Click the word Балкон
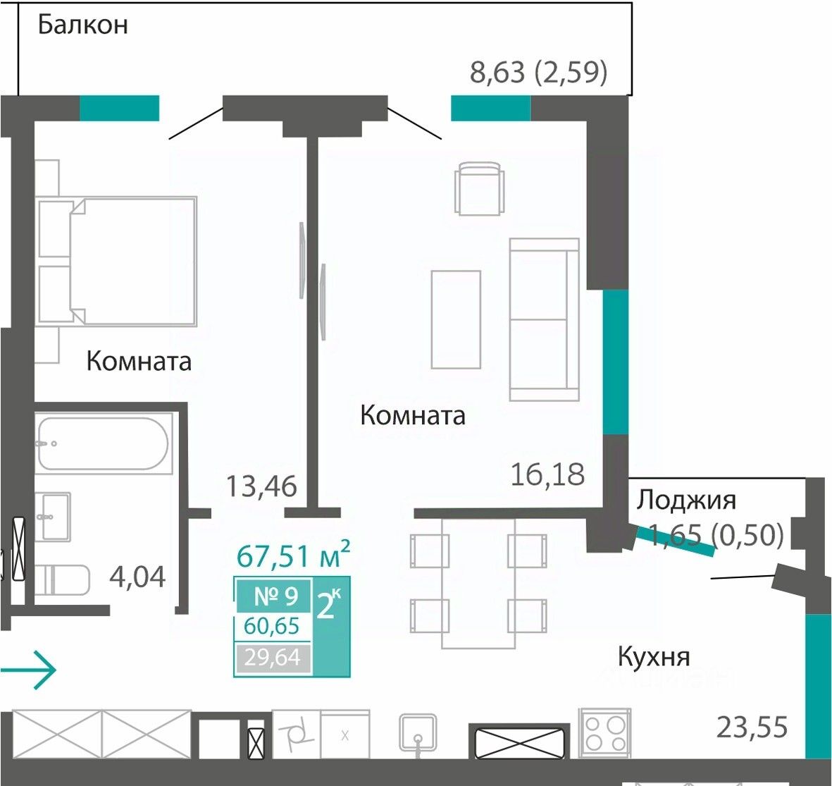click(82, 25)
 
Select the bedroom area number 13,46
click(261, 486)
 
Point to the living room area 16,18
click(547, 474)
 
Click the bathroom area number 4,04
click(137, 577)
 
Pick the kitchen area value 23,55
click(752, 727)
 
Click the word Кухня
click(654, 657)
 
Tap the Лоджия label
click(686, 501)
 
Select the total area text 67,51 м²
click(293, 555)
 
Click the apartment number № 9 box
click(274, 596)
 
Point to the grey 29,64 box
click(273, 658)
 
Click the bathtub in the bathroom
click(104, 444)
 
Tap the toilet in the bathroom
click(63, 580)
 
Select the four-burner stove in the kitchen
click(604, 732)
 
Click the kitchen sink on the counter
click(418, 733)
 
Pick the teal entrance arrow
click(28, 670)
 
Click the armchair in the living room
click(479, 188)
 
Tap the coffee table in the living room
click(456, 320)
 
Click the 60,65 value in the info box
click(272, 627)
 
